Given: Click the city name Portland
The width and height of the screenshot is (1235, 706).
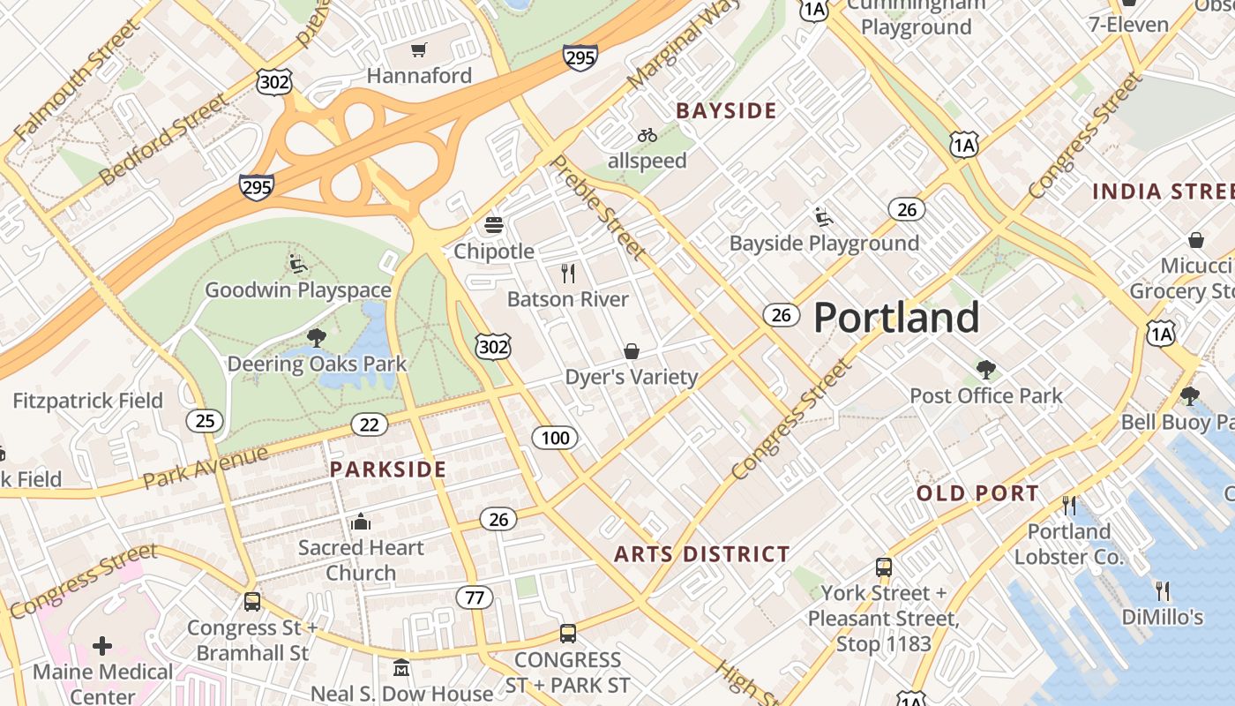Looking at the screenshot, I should pos(895,317).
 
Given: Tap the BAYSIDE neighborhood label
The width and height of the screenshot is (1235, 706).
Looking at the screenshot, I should pos(726,110).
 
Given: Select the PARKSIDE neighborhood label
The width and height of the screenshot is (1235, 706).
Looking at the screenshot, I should pos(388,469).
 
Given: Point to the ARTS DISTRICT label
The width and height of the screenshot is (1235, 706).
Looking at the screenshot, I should pos(702,554).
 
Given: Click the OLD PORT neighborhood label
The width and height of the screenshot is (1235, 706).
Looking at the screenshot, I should pos(977,493).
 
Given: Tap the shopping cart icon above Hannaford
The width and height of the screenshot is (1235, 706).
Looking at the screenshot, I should pos(419,50).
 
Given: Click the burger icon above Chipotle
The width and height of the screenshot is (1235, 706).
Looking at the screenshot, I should pos(494,225).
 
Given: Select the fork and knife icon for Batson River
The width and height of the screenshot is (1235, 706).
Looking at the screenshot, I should pos(568,274).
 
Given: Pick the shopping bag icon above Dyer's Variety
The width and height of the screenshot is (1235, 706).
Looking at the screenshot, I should pos(632,351).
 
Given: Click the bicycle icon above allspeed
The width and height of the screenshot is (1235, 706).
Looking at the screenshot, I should pos(647,135).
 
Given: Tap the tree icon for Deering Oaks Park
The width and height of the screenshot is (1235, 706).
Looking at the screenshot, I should pos(317,337).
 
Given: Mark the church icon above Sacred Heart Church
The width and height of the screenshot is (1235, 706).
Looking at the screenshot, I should pos(360,522).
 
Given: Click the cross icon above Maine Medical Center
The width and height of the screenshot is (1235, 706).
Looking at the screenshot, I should pos(102,646).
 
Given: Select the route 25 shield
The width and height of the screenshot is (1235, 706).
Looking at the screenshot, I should pos(205,421).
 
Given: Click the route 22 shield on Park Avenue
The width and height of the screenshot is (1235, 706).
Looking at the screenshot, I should pos(369,425).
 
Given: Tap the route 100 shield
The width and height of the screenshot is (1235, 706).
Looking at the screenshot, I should pos(555,437).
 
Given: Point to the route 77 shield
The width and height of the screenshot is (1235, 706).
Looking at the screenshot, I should pos(475,597).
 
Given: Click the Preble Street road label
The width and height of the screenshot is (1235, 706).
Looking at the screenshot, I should pos(597,208).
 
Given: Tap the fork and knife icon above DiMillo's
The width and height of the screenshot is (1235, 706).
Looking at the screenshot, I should pos(1163,590).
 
